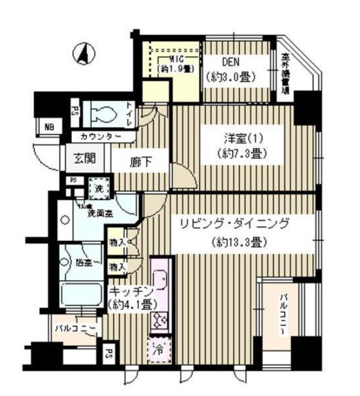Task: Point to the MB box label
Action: [48, 127]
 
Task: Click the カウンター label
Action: [101, 136]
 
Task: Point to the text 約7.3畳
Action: [242, 154]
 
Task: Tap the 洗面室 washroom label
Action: [98, 212]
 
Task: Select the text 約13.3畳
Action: [240, 243]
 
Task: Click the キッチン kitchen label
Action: [129, 290]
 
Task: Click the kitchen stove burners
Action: [161, 319]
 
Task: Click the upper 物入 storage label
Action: [117, 242]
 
